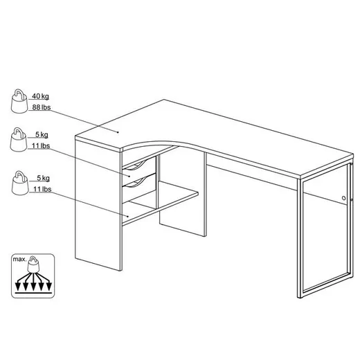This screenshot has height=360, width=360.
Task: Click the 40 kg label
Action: pos(40,96)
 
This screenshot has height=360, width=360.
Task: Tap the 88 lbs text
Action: pos(42,107)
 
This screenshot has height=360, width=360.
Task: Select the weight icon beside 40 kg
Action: pos(19,101)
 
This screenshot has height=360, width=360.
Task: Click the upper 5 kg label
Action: pos(42,134)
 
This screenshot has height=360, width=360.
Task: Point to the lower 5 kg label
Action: pos(43,178)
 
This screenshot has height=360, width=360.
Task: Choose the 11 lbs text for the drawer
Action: pos(41,146)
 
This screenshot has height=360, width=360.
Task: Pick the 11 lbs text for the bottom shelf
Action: pos(42,189)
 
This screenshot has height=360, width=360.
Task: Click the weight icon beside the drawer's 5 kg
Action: pos(19,139)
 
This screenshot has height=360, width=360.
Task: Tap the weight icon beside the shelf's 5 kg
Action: pos(20,183)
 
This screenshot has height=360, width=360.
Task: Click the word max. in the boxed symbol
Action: pos(19,259)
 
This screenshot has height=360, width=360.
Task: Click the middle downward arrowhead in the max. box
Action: pos(33,287)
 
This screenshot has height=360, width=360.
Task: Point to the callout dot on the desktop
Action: pos(118,132)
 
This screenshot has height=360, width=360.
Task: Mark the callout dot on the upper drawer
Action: pos(129,177)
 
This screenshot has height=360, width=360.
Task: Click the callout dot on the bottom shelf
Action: pos(127,216)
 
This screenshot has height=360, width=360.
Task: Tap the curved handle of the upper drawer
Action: pos(136,165)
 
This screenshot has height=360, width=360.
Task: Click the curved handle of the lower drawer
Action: pos(136,181)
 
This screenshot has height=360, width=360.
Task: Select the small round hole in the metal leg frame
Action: pos(343,198)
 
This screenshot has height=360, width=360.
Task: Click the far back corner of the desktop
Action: pos(164,100)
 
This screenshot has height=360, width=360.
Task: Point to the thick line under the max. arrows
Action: pos(33,293)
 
